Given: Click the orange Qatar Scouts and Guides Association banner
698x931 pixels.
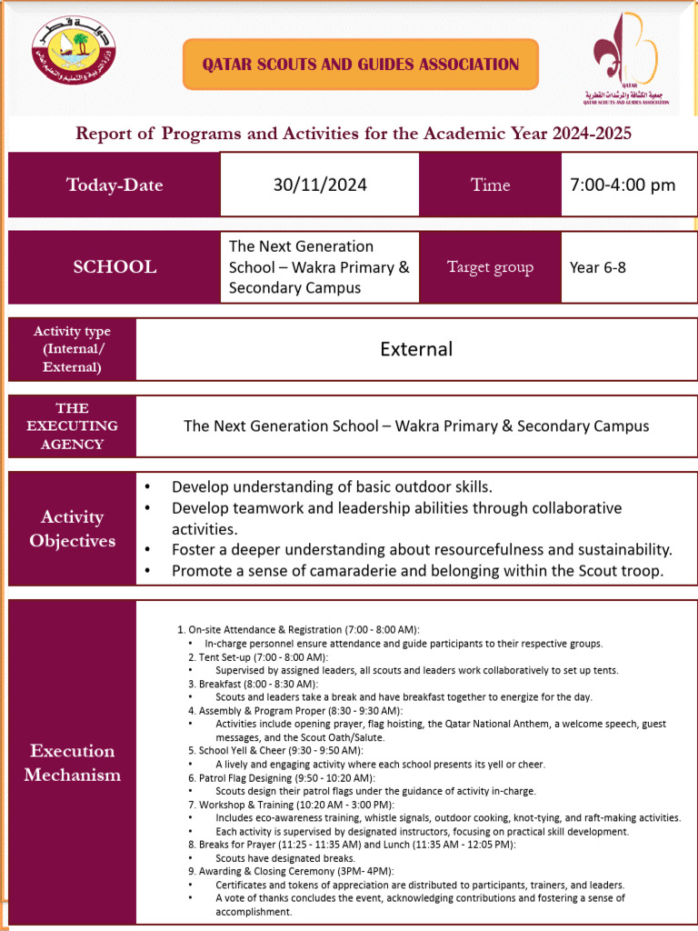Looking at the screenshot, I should pyautogui.click(x=361, y=65).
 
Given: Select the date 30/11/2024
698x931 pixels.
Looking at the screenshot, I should pyautogui.click(x=320, y=185).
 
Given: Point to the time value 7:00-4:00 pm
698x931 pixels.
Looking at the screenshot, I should pyautogui.click(x=623, y=185).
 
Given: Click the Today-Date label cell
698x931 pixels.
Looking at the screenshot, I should pyautogui.click(x=115, y=185).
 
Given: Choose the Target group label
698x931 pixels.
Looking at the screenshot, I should pyautogui.click(x=490, y=267).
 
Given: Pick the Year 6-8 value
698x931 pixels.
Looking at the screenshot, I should pyautogui.click(x=597, y=267).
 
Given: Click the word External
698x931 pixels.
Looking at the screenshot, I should pyautogui.click(x=416, y=349).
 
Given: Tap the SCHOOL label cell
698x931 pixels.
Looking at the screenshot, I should pyautogui.click(x=115, y=267).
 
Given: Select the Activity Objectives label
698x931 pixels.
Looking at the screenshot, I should pyautogui.click(x=73, y=528).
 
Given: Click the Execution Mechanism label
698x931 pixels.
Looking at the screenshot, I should pyautogui.click(x=73, y=763).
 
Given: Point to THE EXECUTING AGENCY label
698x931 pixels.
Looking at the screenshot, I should pyautogui.click(x=73, y=425).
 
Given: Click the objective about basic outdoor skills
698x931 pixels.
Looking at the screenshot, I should pyautogui.click(x=332, y=486).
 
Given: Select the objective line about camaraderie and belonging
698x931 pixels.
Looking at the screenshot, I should pyautogui.click(x=417, y=571).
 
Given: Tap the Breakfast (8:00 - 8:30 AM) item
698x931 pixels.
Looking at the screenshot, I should pyautogui.click(x=253, y=683).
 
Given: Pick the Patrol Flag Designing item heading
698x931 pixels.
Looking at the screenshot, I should pyautogui.click(x=281, y=777).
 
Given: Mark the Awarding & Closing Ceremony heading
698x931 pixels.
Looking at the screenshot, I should pyautogui.click(x=290, y=871).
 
